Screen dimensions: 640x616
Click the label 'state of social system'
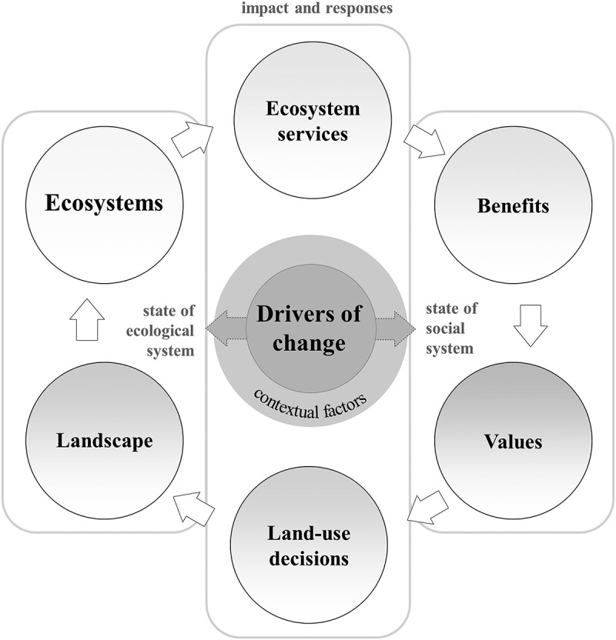451,328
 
